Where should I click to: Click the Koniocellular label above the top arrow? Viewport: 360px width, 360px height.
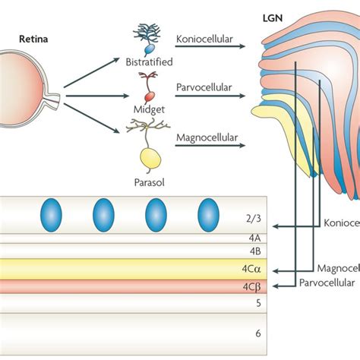(x=207, y=35)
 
